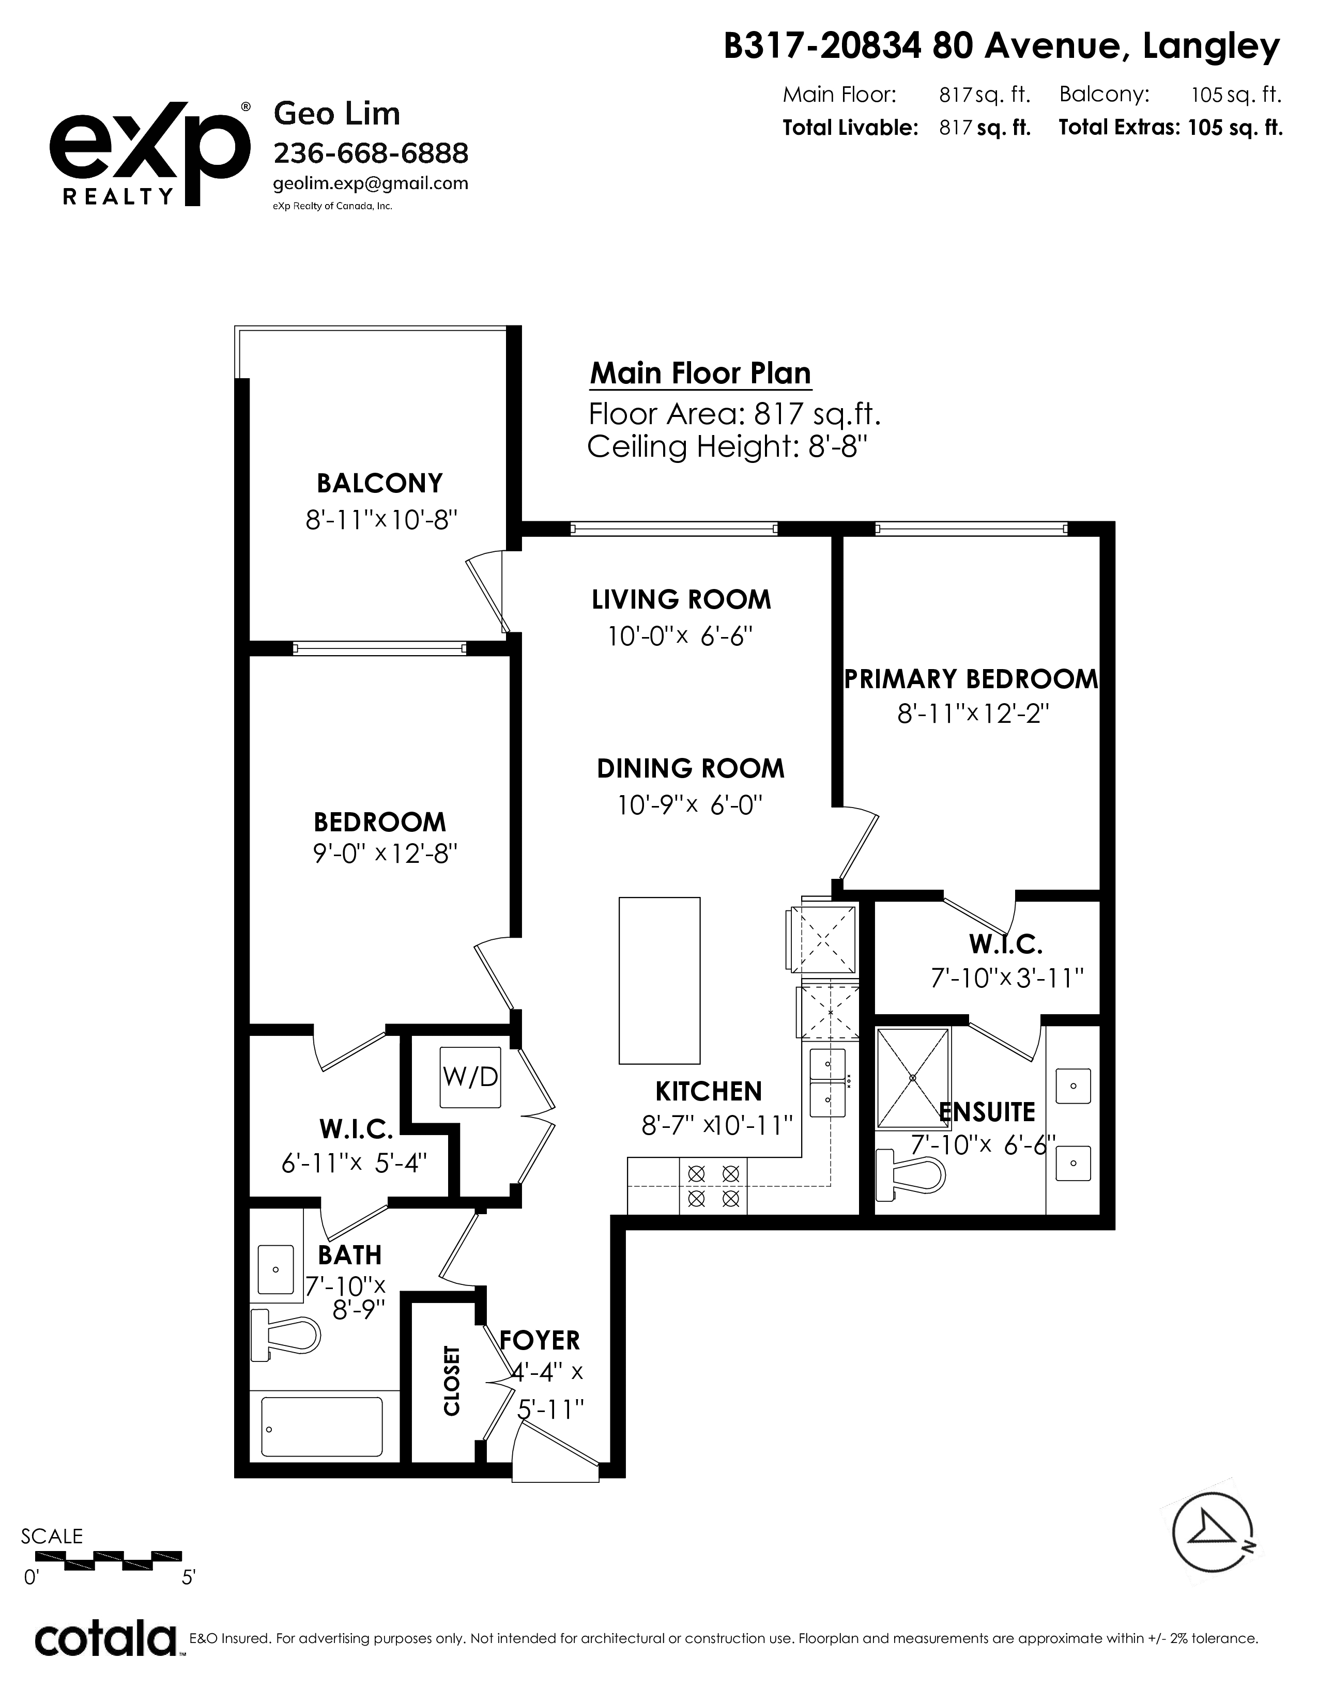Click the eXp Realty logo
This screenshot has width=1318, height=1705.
coord(150,154)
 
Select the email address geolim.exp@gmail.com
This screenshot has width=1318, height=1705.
coord(371,183)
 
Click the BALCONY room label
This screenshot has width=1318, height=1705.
coord(379,483)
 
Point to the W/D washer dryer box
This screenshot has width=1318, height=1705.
coord(470,1077)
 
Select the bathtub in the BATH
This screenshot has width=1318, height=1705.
coord(321,1427)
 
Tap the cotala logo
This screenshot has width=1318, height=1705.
coord(106,1640)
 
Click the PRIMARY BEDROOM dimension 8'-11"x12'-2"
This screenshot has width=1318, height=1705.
coord(972,714)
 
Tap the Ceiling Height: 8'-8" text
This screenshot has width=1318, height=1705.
coord(728,447)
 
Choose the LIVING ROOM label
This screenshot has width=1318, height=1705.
coord(682,599)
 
